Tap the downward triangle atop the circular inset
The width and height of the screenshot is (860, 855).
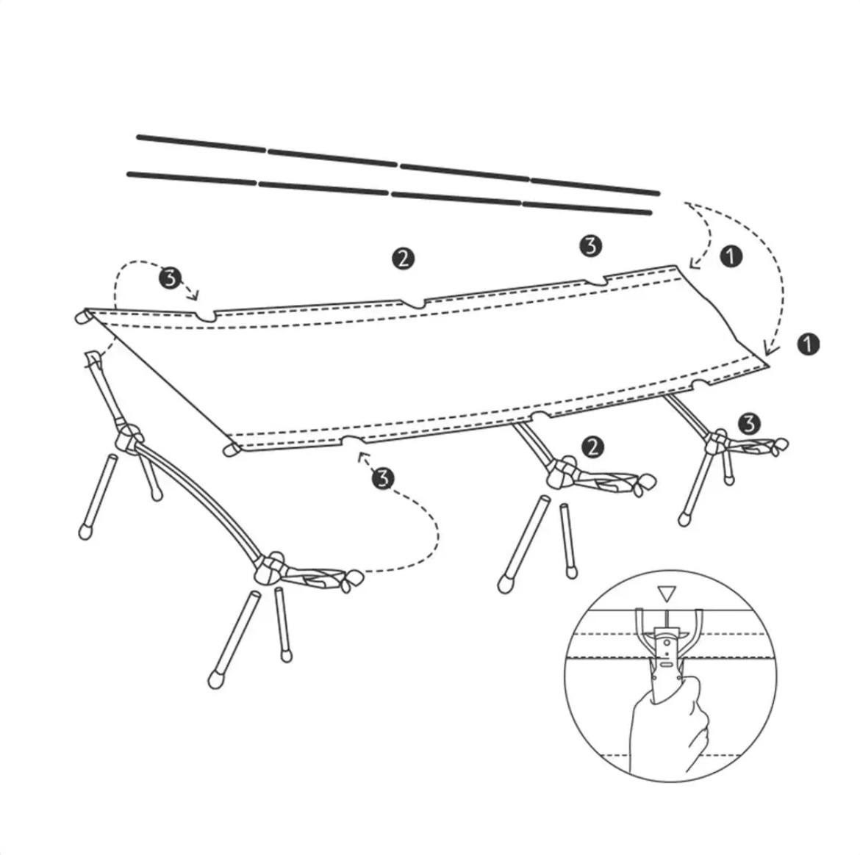click(667, 594)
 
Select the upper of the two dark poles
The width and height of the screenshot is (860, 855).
click(398, 165)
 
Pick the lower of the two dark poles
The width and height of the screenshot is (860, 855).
click(390, 193)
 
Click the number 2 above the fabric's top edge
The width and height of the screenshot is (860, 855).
click(403, 258)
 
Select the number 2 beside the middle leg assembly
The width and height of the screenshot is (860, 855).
click(592, 447)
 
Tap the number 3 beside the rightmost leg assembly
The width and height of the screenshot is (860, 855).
click(749, 424)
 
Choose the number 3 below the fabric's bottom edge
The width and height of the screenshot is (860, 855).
click(383, 478)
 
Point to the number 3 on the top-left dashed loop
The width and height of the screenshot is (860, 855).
click(170, 278)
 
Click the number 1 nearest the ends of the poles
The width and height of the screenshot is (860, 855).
click(731, 256)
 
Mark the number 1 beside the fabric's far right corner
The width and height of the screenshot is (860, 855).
click(809, 344)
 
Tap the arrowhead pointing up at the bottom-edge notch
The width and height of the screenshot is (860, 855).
click(362, 457)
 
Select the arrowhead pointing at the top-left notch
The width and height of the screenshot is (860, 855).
click(193, 296)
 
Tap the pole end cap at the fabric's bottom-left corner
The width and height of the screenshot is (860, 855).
click(232, 450)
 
